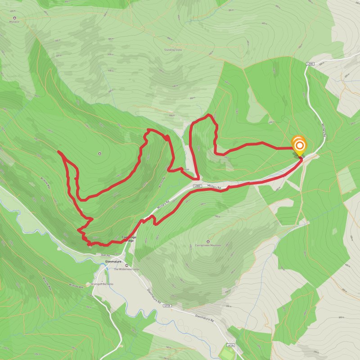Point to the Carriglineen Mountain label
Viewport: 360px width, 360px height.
coord(208,246)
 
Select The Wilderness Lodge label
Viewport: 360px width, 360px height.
coord(126,269)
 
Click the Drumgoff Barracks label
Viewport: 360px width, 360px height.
coord(103,284)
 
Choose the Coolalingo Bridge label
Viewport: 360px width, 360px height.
coord(128,239)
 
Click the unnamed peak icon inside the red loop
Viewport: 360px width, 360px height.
coord(99,154)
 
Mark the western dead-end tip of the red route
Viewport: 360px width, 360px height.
coord(59,153)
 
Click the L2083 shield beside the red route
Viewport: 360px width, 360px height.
coord(197,186)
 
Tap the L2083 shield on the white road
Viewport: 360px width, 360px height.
coord(310,64)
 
